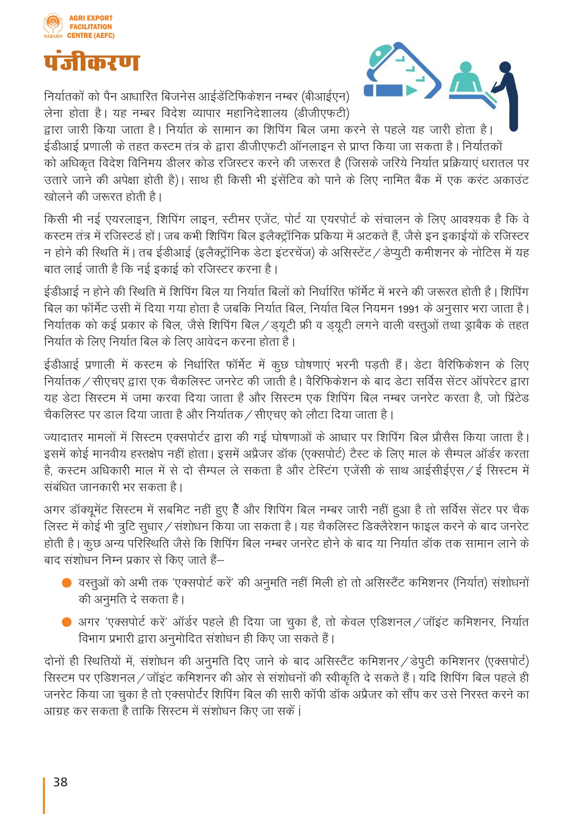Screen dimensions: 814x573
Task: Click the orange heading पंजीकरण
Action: pos(91,62)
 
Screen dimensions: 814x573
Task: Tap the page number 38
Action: pos(60,782)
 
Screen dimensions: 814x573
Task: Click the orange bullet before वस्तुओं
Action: pos(67,583)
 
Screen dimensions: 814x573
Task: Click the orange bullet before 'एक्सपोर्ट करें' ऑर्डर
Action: pos(67,622)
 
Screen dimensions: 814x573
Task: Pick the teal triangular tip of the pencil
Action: pos(411,90)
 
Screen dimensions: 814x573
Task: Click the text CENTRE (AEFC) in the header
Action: pos(90,36)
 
